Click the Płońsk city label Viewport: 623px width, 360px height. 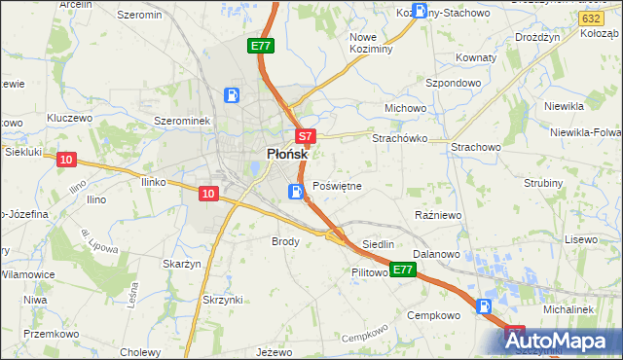click(x=288, y=154)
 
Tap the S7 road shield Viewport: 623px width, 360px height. click(x=305, y=137)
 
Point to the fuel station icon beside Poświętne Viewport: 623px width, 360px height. click(x=295, y=192)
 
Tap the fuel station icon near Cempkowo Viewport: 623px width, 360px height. click(x=485, y=307)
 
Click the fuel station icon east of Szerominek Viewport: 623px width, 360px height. click(x=233, y=95)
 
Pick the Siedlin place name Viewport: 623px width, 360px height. click(x=378, y=244)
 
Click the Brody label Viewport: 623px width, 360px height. click(x=285, y=240)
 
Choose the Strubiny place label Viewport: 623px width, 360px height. click(x=543, y=183)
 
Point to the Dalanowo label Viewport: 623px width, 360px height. click(x=435, y=253)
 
